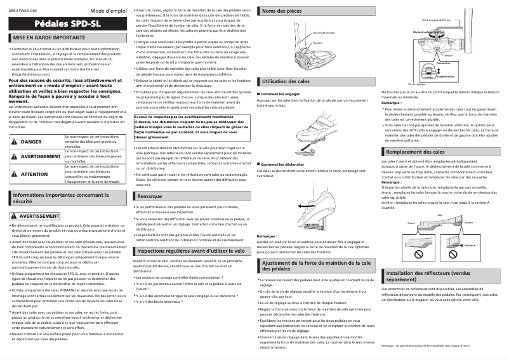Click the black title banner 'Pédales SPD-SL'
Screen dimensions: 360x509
(x=67, y=25)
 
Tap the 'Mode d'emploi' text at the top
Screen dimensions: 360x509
(x=109, y=11)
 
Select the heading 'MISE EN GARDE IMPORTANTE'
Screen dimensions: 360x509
(x=49, y=38)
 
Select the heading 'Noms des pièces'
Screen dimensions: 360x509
(x=282, y=11)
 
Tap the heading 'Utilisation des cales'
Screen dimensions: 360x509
(x=286, y=82)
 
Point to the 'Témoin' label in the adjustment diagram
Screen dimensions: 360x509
(x=448, y=56)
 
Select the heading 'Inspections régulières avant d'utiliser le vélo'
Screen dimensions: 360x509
(x=191, y=251)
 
